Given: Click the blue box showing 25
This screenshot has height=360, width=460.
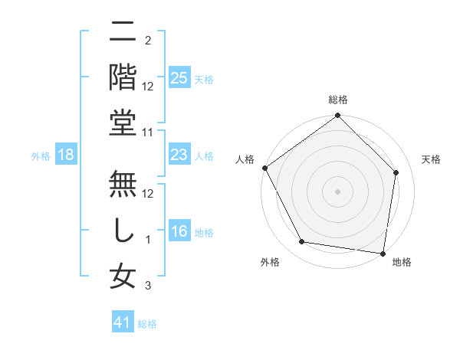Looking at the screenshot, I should pos(179,77).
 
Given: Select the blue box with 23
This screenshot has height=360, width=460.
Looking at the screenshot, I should pos(179,155).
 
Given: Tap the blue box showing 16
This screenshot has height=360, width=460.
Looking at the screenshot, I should pos(179,231).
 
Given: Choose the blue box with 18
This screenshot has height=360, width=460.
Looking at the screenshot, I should pos(66,155).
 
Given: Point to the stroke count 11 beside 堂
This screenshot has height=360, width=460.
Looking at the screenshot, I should pos(149,132).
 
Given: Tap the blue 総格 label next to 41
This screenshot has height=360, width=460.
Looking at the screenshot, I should pos(147,324).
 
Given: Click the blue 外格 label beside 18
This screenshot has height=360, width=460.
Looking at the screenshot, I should pos(41,156).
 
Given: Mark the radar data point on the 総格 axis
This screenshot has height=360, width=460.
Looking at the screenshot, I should pos(337,116).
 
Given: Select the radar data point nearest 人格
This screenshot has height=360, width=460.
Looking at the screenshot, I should pos(265,168).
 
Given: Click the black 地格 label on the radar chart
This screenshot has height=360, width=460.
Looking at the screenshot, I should pos(402,263).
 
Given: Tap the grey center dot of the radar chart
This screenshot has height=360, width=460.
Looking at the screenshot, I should pos(337,191).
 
